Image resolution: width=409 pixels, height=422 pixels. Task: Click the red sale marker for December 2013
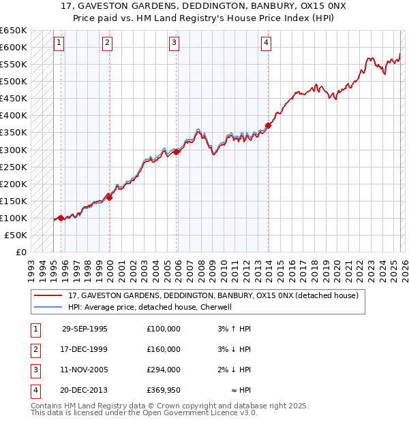[x=269, y=125]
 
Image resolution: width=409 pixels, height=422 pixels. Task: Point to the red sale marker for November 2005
[x=177, y=152]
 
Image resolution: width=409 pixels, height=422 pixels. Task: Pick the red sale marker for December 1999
[x=109, y=197]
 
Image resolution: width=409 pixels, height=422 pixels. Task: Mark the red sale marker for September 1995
[x=61, y=218]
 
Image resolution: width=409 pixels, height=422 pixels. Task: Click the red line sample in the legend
[x=48, y=295]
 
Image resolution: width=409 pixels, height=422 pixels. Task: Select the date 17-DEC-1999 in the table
[x=85, y=349]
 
